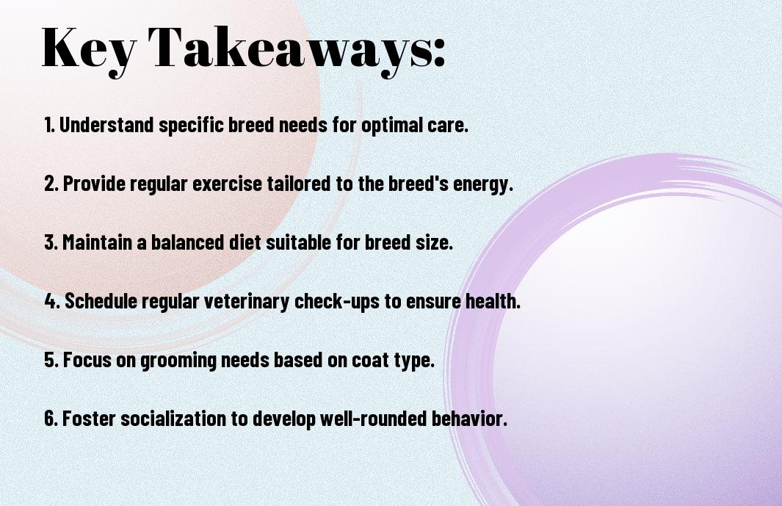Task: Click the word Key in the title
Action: (88, 50)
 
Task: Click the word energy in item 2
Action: (482, 184)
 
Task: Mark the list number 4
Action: (52, 301)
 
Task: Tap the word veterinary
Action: (247, 302)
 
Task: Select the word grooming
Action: (178, 361)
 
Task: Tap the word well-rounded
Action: (373, 418)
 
